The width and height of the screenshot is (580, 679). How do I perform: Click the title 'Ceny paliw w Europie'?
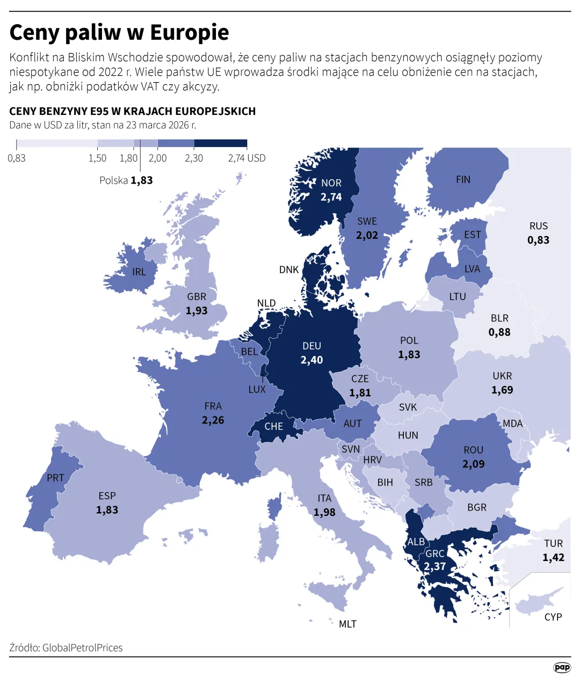119,33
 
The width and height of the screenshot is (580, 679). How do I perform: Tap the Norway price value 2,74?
331,197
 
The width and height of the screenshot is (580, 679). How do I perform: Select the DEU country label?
311,346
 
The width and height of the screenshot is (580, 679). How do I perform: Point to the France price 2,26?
213,420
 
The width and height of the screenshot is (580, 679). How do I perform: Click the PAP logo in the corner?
562,667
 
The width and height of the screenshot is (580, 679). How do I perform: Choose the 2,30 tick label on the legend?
194,158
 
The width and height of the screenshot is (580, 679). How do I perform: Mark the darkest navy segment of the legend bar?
220,144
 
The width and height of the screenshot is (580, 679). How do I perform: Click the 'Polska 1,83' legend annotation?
126,180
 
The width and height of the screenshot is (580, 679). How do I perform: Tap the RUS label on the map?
538,226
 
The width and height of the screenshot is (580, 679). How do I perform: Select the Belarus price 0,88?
499,332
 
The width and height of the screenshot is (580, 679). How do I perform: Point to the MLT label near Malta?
347,624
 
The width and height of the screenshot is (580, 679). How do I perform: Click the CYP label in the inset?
553,617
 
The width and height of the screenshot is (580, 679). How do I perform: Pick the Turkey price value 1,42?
553,558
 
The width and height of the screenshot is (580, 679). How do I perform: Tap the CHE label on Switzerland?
273,426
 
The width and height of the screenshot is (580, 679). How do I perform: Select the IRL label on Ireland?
139,272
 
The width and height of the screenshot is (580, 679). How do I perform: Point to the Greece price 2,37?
434,567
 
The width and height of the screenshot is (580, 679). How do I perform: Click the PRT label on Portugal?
55,478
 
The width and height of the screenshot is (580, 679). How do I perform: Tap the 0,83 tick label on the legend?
17,158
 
